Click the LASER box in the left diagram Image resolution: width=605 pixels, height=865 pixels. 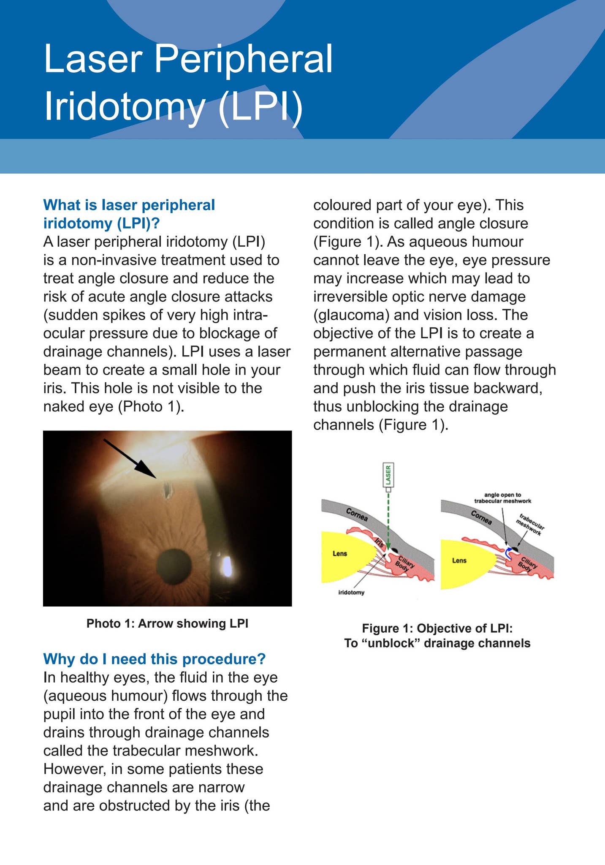pyautogui.click(x=388, y=475)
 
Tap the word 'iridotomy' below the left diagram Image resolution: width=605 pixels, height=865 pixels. pyautogui.click(x=351, y=593)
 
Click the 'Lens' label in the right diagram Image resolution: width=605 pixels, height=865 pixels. pyautogui.click(x=459, y=560)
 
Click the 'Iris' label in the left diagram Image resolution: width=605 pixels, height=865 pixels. pyautogui.click(x=379, y=542)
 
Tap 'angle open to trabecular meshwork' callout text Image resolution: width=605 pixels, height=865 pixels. pyautogui.click(x=502, y=498)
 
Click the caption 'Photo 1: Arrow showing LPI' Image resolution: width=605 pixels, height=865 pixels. pyautogui.click(x=167, y=623)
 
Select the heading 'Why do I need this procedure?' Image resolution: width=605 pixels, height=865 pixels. pyautogui.click(x=155, y=658)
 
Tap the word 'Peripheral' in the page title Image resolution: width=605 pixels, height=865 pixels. pyautogui.click(x=243, y=59)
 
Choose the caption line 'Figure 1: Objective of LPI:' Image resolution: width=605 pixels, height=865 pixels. pyautogui.click(x=437, y=628)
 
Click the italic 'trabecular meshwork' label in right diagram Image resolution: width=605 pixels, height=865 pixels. pyautogui.click(x=531, y=525)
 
